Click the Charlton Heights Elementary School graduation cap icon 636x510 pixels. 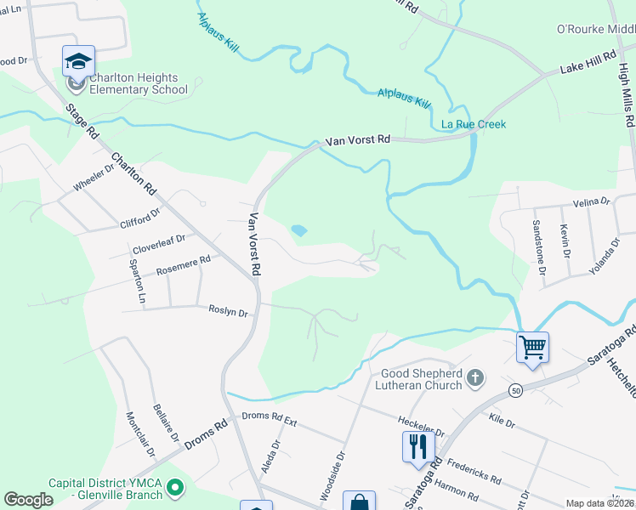coord(78,61)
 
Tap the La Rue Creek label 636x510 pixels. coord(474,124)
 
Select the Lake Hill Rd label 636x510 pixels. coord(586,67)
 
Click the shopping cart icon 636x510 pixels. coord(532,347)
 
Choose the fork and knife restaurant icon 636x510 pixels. coord(417,446)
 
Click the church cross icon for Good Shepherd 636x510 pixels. coord(475,375)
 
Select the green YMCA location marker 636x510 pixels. coord(175,488)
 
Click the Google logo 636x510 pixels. coord(28,500)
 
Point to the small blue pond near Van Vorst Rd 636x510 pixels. coord(298,229)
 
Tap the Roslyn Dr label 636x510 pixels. coord(228,312)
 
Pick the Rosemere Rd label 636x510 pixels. coord(183,266)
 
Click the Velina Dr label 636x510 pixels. coord(592,202)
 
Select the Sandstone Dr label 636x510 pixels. coord(538,247)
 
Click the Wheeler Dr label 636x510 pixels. coord(94,177)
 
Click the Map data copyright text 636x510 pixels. coord(599,503)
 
